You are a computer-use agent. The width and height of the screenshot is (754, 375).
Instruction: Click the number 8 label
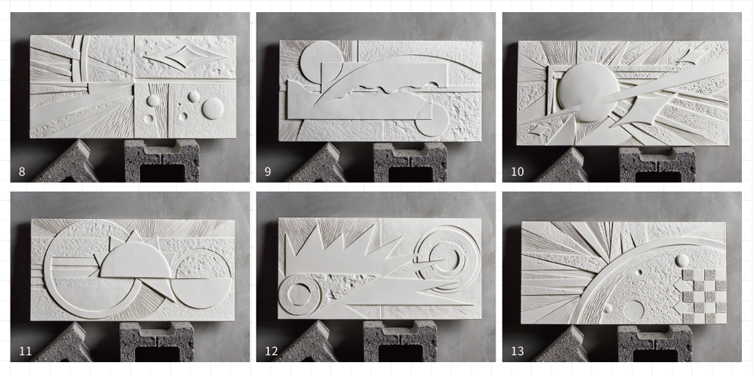22,171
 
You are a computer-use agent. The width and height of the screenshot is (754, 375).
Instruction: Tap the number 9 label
268,171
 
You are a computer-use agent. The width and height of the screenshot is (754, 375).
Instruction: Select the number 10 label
517,171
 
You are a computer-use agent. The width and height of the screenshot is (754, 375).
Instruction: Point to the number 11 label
25,352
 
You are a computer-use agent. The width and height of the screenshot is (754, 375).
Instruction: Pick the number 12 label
271,352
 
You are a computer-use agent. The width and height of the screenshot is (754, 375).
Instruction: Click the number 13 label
517,352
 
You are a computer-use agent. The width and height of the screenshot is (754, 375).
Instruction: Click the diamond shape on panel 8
185,57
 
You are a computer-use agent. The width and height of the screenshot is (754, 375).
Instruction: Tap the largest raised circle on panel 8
213,109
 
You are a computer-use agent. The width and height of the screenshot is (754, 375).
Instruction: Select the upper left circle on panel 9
321,63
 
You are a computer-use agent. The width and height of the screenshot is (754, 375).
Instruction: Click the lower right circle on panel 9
432,120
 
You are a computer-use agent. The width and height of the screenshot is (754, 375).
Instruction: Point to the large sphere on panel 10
588,92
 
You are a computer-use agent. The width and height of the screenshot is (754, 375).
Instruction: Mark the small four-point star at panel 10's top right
692,57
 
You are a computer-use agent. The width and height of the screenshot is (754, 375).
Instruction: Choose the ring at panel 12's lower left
299,295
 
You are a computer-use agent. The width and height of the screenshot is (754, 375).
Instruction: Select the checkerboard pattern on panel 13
703,296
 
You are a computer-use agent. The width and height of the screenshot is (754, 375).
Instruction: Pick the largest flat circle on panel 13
633,311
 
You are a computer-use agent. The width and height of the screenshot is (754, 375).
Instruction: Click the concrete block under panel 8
162,161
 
